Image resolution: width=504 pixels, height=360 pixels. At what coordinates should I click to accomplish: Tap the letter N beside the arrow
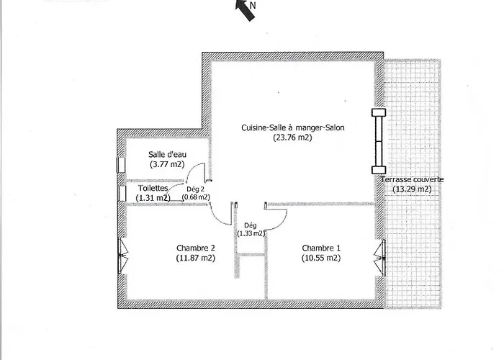253,4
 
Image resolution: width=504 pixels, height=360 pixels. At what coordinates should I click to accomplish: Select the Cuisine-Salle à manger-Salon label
292,128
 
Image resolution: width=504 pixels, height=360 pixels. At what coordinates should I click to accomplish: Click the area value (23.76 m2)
292,138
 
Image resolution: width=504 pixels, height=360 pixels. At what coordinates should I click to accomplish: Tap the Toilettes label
153,187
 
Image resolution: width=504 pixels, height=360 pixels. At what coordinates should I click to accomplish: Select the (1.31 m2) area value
153,197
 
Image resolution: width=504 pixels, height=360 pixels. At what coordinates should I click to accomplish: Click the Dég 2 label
195,189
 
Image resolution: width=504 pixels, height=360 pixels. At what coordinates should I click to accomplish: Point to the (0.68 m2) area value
196,197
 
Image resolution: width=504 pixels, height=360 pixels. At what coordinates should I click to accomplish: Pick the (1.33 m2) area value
251,233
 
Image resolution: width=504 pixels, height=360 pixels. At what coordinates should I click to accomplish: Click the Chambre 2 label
195,248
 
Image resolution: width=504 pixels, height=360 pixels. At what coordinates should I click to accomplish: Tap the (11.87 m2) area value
195,258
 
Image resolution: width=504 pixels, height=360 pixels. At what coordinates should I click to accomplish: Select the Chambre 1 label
321,248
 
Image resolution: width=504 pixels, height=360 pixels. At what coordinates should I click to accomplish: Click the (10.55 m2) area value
321,258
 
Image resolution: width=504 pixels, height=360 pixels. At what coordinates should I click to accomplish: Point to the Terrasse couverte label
413,179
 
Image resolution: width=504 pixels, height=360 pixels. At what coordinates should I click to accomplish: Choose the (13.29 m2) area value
413,189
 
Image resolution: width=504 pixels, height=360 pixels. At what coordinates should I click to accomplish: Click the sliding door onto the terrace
377,140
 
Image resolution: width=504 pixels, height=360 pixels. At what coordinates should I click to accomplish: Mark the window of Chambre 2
122,256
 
